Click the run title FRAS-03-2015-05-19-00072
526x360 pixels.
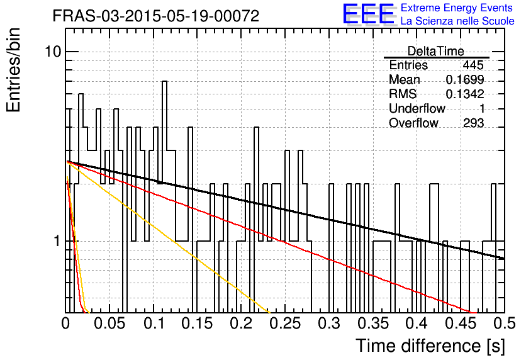tap(156, 16)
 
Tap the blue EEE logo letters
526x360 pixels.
tap(368, 14)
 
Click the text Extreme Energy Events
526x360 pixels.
tap(457, 8)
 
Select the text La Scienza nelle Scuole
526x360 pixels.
tap(457, 21)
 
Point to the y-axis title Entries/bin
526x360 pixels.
tap(13, 70)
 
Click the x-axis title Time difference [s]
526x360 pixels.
tap(430, 346)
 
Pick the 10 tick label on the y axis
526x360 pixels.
tap(53, 52)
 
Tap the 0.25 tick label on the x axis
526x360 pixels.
tap(285, 323)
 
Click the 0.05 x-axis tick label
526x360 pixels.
tap(109, 323)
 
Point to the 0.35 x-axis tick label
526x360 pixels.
tap(373, 323)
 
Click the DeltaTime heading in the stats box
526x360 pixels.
tap(436, 51)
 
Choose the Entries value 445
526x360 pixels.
tap(473, 65)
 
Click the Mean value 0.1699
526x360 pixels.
tap(464, 79)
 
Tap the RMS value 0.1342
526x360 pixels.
tap(464, 94)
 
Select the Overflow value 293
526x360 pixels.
tap(473, 123)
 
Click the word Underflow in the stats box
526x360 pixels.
tap(417, 108)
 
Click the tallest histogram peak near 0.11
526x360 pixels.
tap(164, 81)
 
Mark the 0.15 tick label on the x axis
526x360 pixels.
tap(198, 323)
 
